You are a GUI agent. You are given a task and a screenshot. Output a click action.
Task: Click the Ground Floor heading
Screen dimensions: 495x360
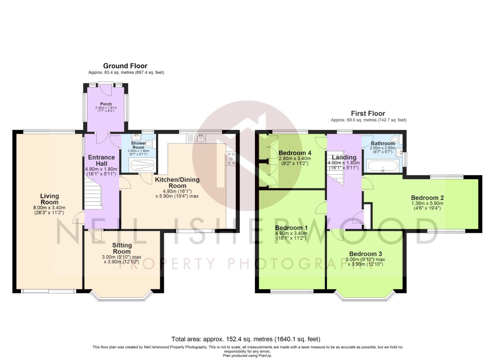coord(125,66)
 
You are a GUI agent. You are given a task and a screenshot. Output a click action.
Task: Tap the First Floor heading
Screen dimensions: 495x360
coord(368,113)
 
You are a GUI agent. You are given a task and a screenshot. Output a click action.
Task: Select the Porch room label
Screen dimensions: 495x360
coord(106,104)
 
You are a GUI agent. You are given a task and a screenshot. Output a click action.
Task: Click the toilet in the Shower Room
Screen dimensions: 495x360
coord(150,144)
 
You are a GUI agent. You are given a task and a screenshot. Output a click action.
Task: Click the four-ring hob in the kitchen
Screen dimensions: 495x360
coord(231,158)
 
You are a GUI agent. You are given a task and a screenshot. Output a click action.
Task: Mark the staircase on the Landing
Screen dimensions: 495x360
coord(335,168)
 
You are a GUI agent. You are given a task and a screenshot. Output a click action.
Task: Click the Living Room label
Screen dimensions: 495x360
coord(49,199)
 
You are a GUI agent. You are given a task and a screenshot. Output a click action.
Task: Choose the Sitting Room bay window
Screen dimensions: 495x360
coord(121,295)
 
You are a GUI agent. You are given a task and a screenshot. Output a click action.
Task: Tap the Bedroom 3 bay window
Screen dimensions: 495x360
coord(365,295)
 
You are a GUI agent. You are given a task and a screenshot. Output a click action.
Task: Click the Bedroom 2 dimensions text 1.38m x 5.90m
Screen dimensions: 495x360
coord(427,203)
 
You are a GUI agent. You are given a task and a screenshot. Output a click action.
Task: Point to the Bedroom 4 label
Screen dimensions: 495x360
coord(295,153)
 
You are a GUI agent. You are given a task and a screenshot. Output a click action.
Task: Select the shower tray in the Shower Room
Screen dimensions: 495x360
coord(142,165)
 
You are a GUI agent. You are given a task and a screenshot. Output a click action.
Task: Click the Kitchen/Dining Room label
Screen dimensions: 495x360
coord(177,183)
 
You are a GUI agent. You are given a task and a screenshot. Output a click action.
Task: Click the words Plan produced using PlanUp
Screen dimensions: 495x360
coord(247,356)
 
